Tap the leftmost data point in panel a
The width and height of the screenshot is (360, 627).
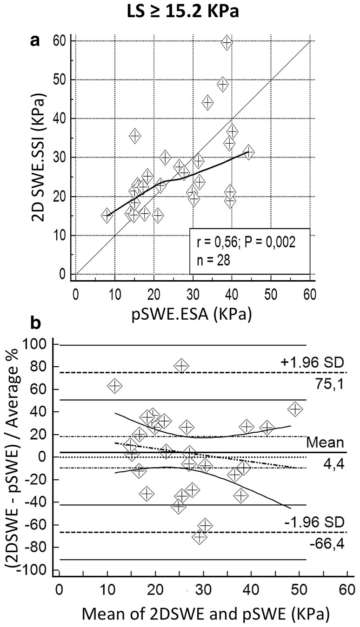(x=107, y=215)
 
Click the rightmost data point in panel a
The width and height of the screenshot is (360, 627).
(x=248, y=152)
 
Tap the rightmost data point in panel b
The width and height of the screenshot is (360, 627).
(x=295, y=409)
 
